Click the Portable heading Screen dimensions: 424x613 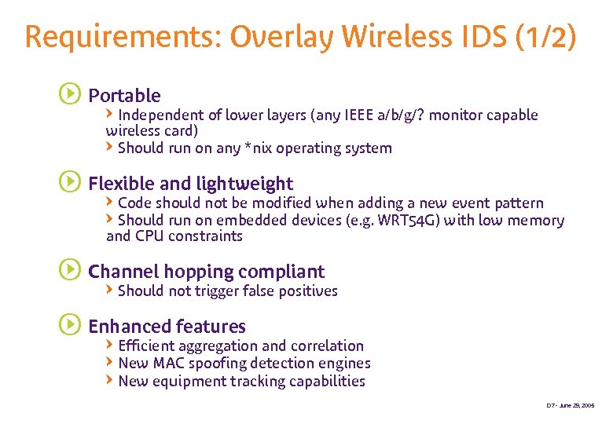point(124,96)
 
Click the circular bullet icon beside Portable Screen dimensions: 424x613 point(69,95)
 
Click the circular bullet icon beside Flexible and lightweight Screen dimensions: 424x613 point(69,183)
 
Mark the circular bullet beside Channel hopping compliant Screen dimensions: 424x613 point(69,271)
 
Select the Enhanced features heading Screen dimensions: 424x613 point(167,327)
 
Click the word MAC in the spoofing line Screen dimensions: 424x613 point(168,364)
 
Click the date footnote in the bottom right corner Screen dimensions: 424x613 point(571,406)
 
